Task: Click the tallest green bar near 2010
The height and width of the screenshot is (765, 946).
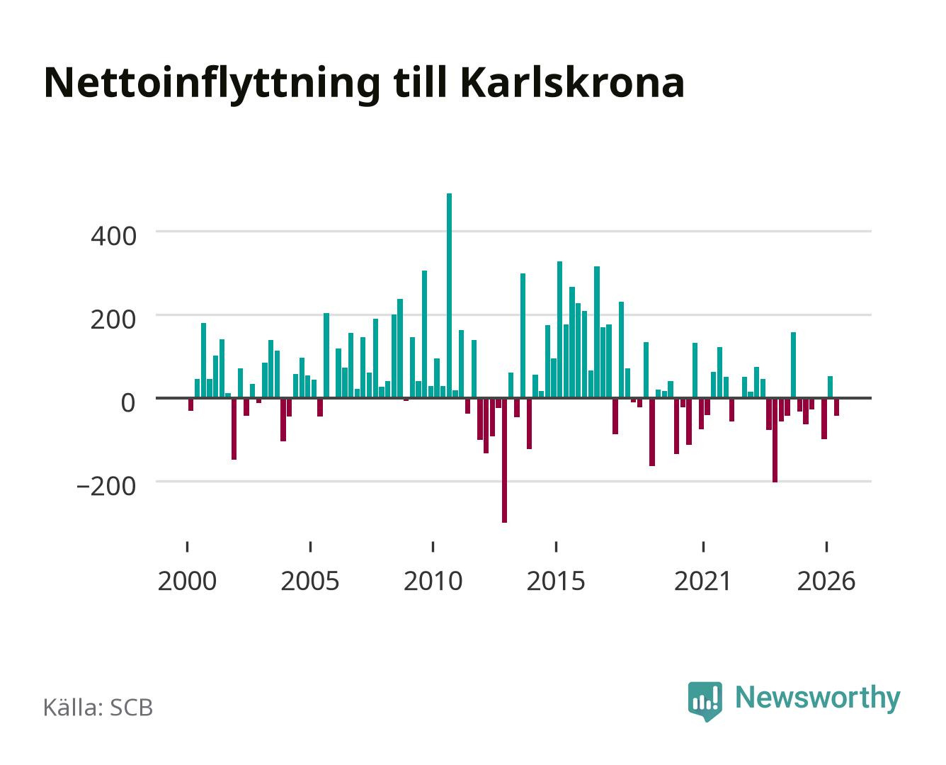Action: (x=449, y=295)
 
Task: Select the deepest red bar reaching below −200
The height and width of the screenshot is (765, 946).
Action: (x=505, y=460)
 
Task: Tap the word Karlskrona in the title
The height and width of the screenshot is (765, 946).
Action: (x=572, y=82)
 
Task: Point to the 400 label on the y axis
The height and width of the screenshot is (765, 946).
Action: (x=114, y=237)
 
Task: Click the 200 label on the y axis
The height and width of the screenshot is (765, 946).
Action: (x=114, y=320)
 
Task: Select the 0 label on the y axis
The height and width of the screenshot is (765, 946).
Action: (x=128, y=403)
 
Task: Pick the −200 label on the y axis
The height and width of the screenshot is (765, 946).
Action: (x=107, y=487)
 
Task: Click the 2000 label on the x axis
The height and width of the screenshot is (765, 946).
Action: (x=187, y=581)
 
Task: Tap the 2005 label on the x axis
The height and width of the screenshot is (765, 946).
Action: (x=310, y=581)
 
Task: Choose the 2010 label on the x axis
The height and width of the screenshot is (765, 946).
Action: (x=433, y=581)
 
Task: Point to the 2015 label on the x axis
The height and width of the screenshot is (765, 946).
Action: (x=556, y=581)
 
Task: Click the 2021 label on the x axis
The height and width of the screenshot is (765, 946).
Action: (x=703, y=581)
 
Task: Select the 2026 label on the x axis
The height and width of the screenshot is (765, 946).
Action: (x=826, y=581)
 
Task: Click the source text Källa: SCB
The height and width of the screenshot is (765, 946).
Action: (x=98, y=708)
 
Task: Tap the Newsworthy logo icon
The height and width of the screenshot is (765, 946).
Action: (x=705, y=701)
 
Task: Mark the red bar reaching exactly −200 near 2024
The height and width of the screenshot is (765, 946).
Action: (x=775, y=441)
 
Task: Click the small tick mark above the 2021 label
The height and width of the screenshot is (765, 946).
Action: (x=703, y=547)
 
